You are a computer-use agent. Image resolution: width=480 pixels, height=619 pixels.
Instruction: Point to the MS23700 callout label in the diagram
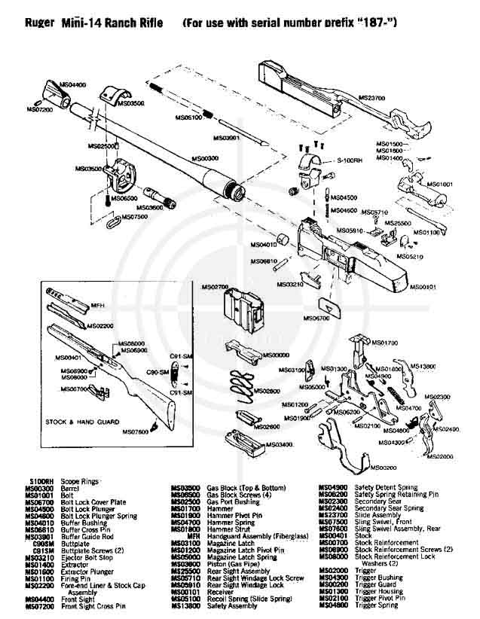[x=370, y=97]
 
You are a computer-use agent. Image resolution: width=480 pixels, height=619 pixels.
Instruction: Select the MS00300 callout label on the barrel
[x=205, y=159]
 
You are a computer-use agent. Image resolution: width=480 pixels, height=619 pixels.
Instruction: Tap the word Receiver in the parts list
[x=222, y=592]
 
